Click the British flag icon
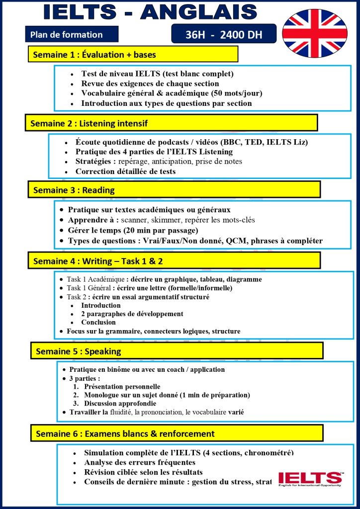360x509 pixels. [315, 33]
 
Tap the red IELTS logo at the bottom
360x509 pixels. [310, 478]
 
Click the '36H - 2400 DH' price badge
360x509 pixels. [223, 35]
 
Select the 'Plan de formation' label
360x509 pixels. [66, 35]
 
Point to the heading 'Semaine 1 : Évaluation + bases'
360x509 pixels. [94, 54]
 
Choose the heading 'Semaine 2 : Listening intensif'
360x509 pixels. [89, 123]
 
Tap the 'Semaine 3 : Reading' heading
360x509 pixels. [74, 190]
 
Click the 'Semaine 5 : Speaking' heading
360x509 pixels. [79, 351]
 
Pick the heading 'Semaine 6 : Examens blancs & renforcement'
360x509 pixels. [125, 433]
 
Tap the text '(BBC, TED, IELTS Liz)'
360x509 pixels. [264, 142]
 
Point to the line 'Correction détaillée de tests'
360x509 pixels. [125, 171]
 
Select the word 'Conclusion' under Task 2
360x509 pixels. [98, 322]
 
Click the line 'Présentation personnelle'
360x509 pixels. [122, 386]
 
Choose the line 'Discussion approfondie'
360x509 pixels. [120, 404]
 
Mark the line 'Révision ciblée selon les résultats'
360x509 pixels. [143, 472]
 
